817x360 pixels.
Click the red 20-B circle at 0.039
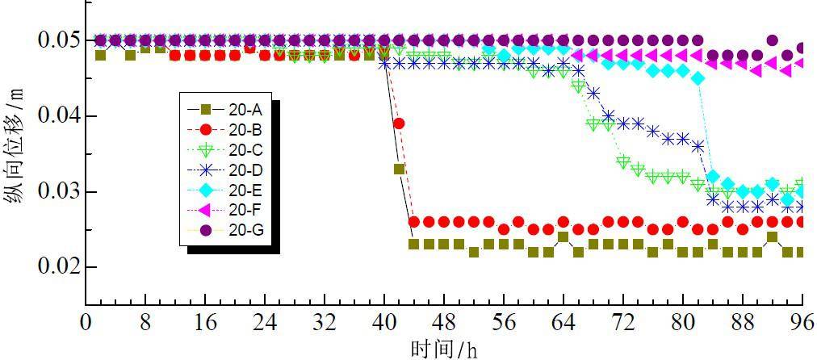(399, 123)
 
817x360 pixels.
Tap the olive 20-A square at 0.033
(399, 169)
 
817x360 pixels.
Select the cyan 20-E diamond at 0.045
(698, 78)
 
